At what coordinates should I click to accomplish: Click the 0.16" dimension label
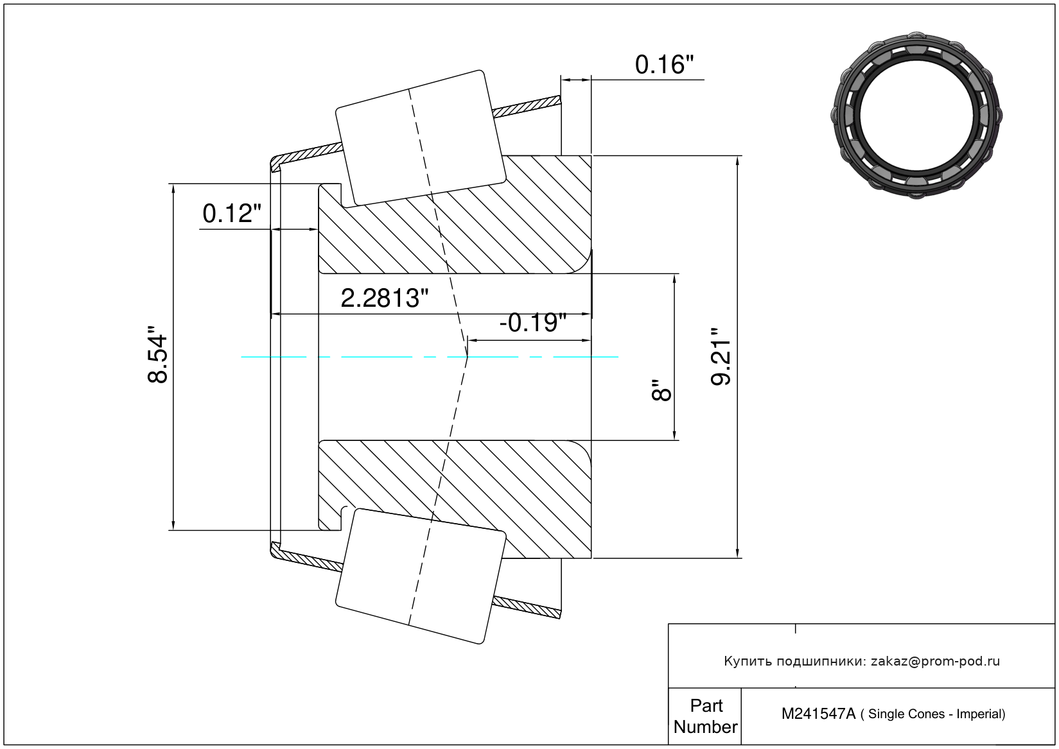pos(664,65)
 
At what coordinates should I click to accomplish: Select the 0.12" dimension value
pos(232,214)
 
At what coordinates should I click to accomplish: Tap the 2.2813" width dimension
pos(384,298)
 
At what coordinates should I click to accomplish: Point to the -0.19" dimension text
pos(532,322)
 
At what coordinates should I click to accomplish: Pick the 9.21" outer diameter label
pos(722,357)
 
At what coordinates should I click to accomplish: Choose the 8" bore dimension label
pos(661,390)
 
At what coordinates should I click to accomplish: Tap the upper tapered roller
pos(421,138)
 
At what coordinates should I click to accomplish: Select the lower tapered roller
pos(421,576)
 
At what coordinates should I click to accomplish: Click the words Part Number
pos(705,716)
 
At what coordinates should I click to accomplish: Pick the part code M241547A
pos(818,714)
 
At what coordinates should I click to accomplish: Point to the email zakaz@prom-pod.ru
pos(935,661)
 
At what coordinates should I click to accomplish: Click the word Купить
pos(748,661)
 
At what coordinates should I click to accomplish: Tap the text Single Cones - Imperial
pos(936,714)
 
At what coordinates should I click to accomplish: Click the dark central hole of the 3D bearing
pos(916,116)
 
